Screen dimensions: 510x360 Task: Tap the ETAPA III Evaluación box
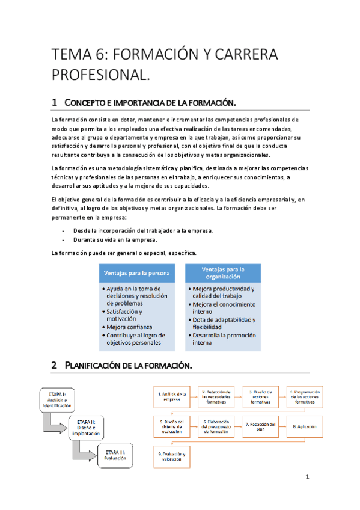pos(117,455)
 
